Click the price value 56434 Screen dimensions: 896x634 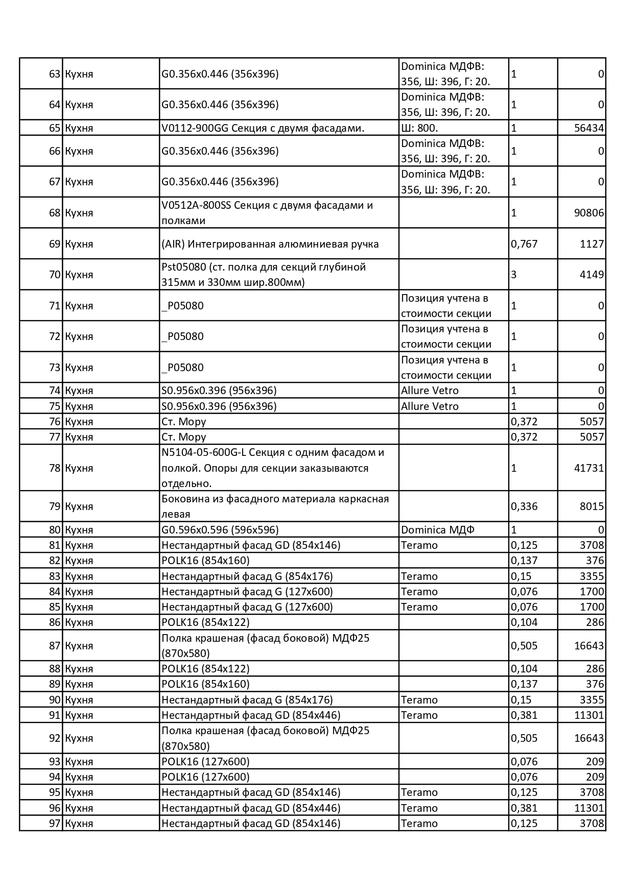(589, 128)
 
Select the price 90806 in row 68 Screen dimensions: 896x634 (589, 212)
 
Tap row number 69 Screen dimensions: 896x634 (55, 244)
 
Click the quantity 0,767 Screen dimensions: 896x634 (524, 244)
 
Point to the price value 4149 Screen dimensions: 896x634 (592, 275)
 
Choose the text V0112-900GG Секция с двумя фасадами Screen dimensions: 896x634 (263, 128)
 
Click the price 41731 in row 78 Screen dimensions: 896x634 (589, 468)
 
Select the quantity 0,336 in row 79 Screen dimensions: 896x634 (524, 506)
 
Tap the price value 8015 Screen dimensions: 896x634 (592, 506)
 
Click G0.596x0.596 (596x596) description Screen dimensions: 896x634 (220, 529)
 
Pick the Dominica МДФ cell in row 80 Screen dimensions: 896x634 (437, 529)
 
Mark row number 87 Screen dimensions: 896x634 (55, 645)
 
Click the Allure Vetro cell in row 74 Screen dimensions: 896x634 (430, 391)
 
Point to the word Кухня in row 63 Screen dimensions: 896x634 (79, 74)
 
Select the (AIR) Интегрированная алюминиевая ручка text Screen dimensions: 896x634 (270, 244)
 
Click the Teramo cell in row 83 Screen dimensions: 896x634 (419, 576)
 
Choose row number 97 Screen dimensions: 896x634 (55, 823)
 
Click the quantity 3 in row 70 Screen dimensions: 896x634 (514, 275)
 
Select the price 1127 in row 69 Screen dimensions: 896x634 (592, 244)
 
